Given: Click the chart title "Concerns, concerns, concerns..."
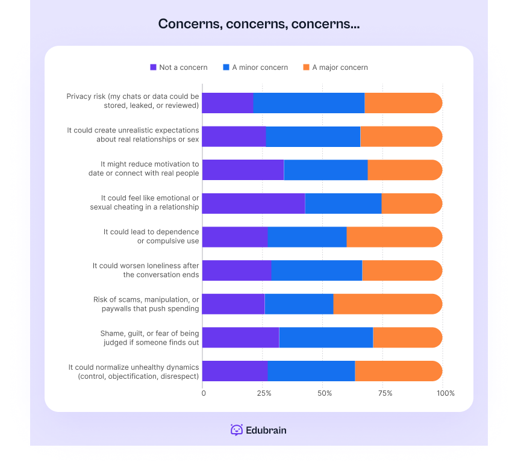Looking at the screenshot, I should click(259, 24).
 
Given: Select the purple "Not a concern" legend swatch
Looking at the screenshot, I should click(153, 67).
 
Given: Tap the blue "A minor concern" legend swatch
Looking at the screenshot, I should click(226, 67).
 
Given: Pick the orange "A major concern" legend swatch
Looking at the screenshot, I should click(306, 67).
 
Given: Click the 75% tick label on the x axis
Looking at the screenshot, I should click(385, 393).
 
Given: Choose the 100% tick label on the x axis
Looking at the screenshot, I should click(446, 393).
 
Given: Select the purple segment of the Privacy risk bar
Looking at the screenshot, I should click(227, 103).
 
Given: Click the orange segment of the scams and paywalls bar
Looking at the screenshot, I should click(387, 304).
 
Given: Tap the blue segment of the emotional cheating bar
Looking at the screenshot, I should click(343, 204).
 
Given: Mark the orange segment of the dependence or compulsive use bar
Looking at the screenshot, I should click(394, 237).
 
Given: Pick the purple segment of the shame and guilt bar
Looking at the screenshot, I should click(240, 338).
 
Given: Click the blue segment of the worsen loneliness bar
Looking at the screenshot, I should click(316, 270).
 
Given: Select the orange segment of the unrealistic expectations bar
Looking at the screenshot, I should click(401, 137).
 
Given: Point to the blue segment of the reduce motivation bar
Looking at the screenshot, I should click(325, 170).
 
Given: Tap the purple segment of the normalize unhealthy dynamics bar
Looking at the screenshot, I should click(234, 371).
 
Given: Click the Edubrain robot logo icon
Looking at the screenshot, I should click(237, 430).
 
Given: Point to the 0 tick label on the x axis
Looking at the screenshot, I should click(204, 393).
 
